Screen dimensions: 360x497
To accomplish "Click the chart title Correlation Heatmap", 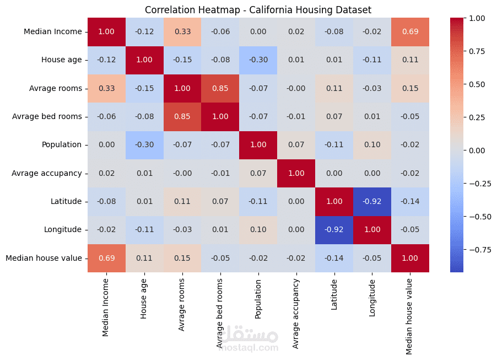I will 258,10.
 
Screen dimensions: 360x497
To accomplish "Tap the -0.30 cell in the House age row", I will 258,60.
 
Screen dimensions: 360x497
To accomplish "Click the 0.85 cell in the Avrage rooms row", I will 220,88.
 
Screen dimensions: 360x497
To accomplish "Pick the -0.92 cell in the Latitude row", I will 371,202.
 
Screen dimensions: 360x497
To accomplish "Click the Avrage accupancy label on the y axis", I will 46,173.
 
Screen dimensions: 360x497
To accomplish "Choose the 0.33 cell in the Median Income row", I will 182,32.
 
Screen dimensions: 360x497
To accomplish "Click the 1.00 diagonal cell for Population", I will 258,145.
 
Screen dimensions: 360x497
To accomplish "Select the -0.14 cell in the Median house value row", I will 333,259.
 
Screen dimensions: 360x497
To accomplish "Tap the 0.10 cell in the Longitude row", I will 258,230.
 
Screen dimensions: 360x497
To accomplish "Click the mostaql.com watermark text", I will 250,348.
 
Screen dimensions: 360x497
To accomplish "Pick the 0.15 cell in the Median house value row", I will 182,259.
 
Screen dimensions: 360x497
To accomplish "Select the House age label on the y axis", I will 61,60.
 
